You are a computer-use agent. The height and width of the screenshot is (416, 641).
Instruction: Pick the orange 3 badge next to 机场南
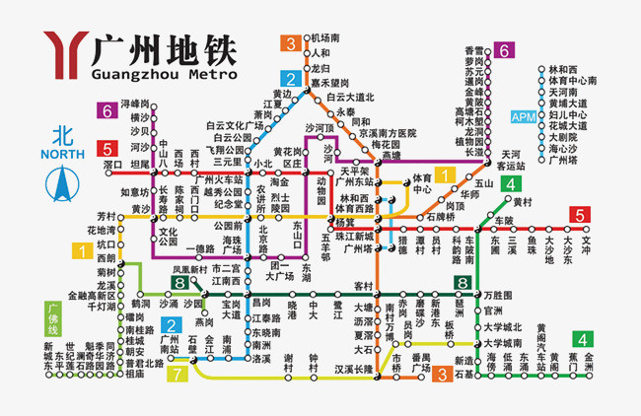[x=291, y=42]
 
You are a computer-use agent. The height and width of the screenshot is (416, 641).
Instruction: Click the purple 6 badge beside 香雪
[x=503, y=50]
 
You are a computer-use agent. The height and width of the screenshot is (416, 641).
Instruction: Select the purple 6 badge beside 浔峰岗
[x=106, y=110]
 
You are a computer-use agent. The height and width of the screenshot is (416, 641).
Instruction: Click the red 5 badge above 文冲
[x=580, y=215]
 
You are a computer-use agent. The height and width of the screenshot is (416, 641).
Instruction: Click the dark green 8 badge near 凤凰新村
[x=178, y=283]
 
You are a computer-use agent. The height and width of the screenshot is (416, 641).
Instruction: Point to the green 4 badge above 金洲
[x=586, y=338]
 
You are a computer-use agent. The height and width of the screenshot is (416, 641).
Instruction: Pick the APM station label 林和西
[x=564, y=69]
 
